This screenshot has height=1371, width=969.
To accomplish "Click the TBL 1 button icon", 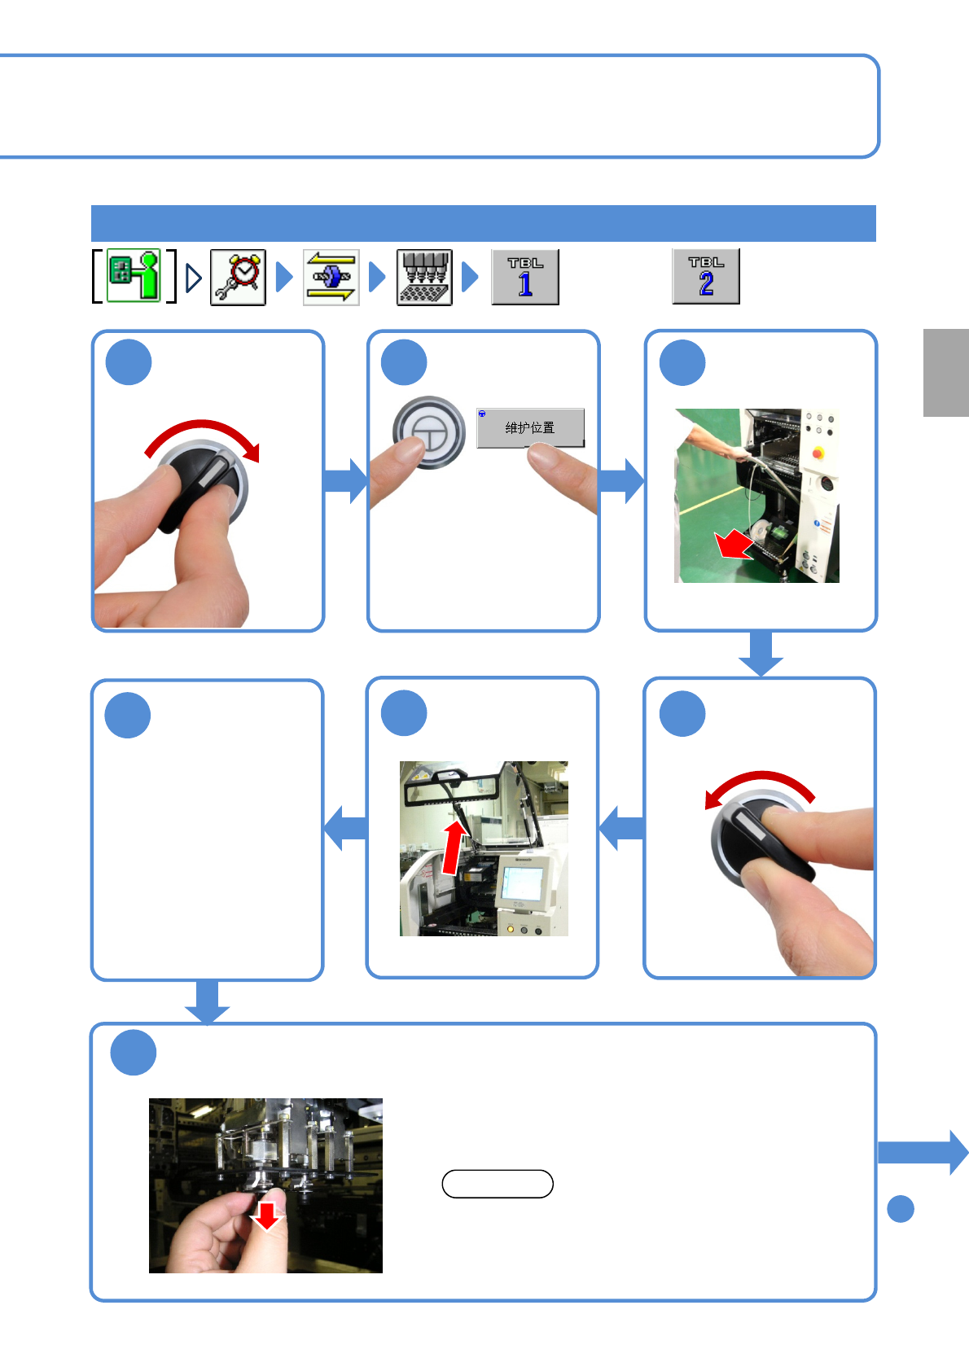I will click(x=525, y=277).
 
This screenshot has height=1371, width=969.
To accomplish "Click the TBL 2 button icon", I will click(x=706, y=276).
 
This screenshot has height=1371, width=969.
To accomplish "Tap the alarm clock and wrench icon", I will click(x=238, y=277).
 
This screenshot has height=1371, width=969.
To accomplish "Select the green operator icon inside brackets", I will click(x=134, y=276).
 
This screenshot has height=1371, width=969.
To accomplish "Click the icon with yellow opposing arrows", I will click(x=331, y=277).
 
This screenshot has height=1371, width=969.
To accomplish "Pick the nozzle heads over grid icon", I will click(x=424, y=277).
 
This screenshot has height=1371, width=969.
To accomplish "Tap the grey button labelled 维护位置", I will click(x=530, y=427).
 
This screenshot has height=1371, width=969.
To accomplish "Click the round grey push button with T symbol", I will click(x=428, y=432).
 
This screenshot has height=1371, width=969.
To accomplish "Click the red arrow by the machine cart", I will click(x=734, y=545).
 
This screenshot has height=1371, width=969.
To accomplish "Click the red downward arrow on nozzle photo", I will click(x=266, y=1216).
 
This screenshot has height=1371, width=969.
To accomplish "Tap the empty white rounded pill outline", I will click(x=498, y=1184).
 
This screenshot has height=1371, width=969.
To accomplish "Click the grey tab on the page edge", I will click(x=945, y=373).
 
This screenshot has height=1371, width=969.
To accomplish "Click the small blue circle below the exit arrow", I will click(x=901, y=1209).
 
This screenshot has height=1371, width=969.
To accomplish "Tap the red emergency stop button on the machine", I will click(x=818, y=452).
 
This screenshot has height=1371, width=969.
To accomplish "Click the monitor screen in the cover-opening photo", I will click(x=521, y=883).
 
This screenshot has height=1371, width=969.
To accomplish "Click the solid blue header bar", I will click(x=483, y=223).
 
